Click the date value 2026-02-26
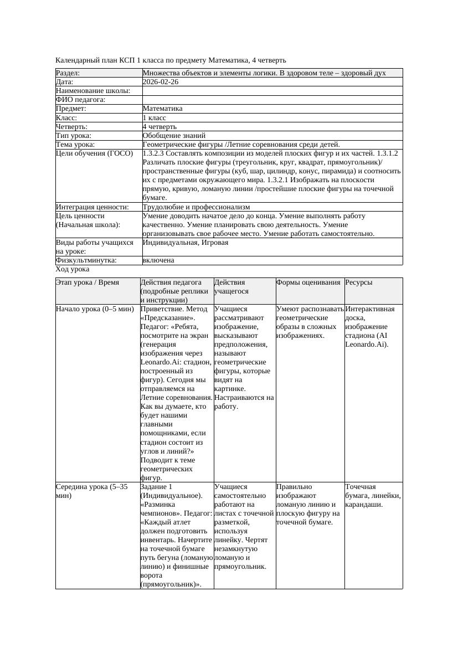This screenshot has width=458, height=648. (x=160, y=82)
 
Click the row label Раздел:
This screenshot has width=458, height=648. (x=68, y=73)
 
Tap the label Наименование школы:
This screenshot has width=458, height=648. (x=93, y=91)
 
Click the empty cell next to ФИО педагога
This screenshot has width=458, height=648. (x=271, y=100)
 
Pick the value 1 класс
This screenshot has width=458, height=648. (x=155, y=117)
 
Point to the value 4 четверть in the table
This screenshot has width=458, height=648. (x=159, y=126)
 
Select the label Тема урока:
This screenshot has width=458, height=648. (x=75, y=144)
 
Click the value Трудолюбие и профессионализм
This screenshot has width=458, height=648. (x=196, y=207)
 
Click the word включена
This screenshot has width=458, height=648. (x=158, y=260)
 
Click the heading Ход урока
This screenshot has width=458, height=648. (x=73, y=269)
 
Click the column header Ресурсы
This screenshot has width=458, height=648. (x=358, y=282)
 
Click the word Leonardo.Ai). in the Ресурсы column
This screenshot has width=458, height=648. (x=367, y=344)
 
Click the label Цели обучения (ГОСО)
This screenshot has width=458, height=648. (x=94, y=153)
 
